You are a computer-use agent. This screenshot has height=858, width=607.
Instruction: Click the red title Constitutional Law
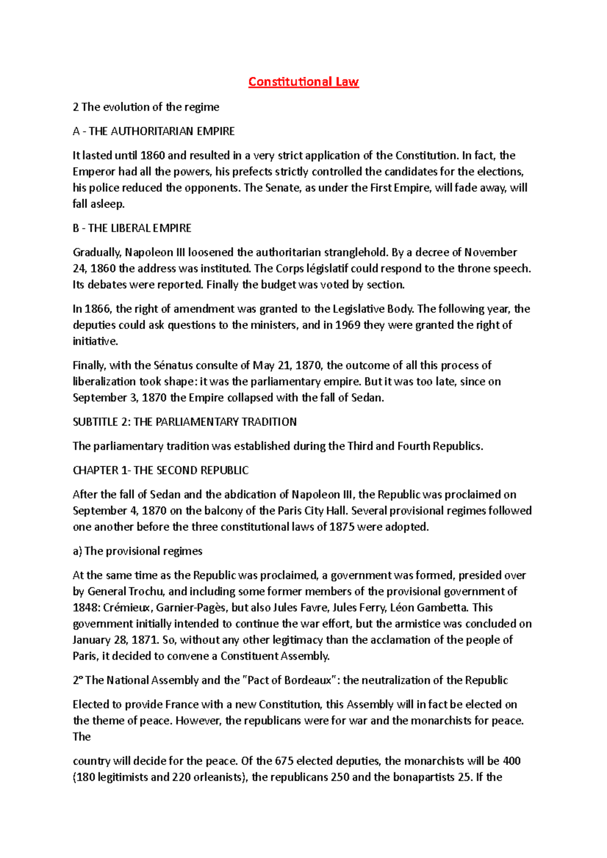[303, 82]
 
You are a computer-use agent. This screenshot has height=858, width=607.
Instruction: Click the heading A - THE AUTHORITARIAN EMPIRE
[154, 131]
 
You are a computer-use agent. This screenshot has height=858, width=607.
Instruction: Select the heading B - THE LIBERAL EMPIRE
[132, 228]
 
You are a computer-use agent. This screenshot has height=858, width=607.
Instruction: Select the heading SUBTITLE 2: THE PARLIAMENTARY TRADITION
[185, 422]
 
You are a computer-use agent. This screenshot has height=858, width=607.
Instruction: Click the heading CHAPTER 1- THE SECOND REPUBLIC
[161, 470]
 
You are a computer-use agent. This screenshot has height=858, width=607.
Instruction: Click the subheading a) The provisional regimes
[138, 551]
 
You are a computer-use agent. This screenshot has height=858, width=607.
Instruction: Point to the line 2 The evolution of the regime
[146, 107]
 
